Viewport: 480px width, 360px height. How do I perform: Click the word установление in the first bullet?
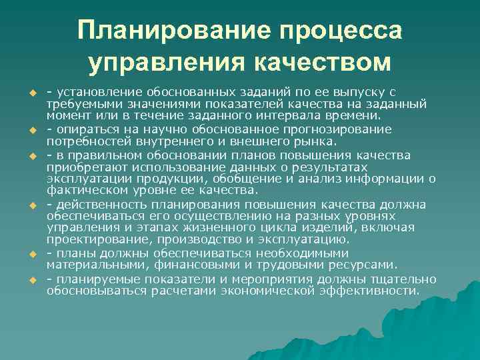tap(97, 92)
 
